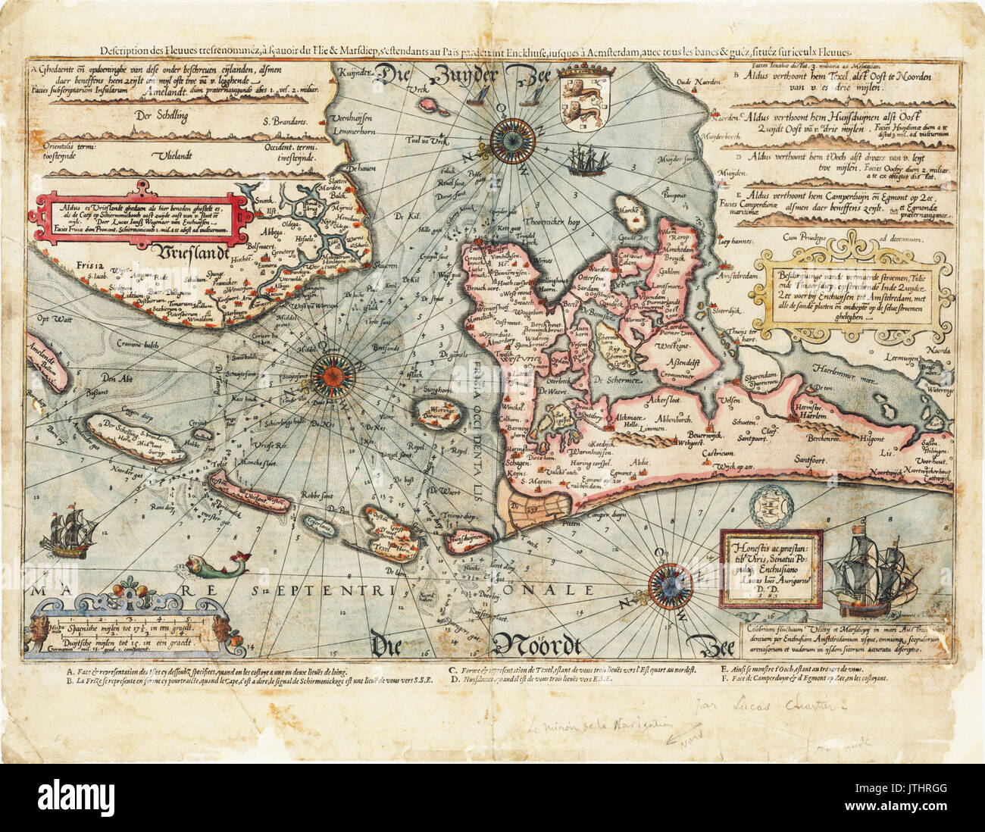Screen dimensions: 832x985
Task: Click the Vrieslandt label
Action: [200, 251]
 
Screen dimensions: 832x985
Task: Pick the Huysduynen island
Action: [467, 540]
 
